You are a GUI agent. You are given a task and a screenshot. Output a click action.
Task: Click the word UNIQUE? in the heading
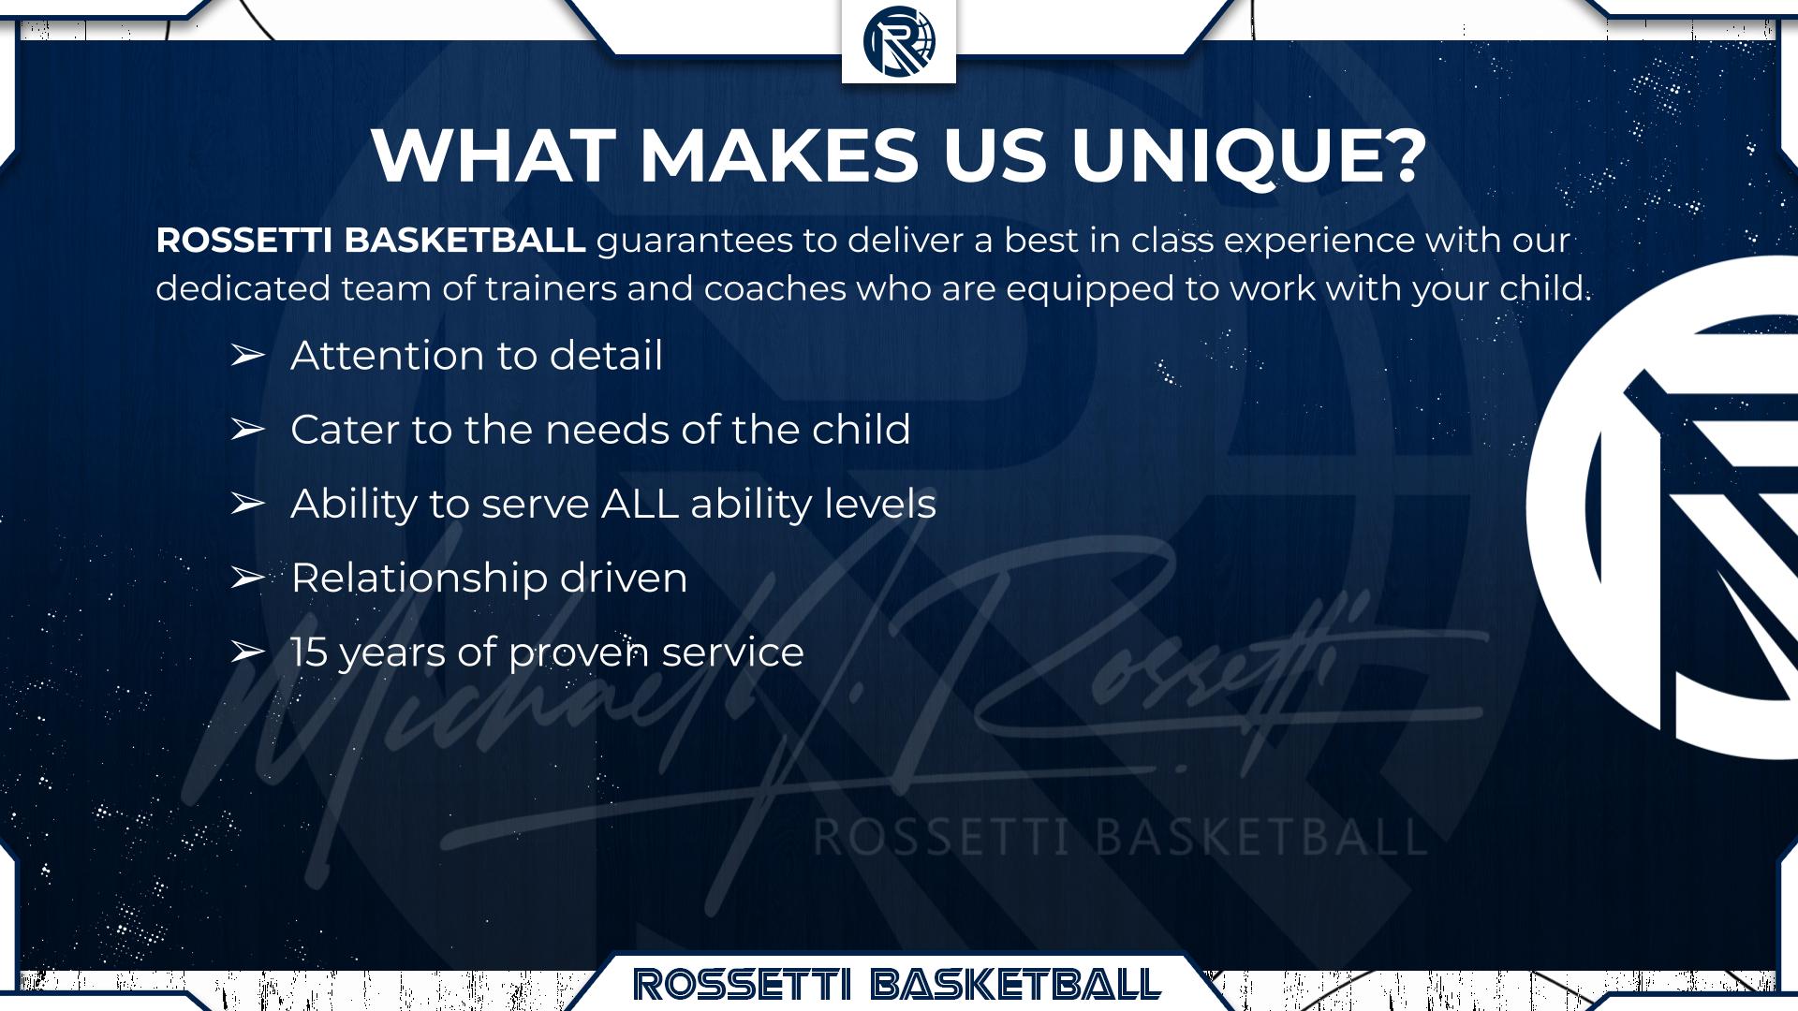coord(1249,154)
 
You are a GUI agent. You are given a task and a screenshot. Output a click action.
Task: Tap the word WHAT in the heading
coord(494,154)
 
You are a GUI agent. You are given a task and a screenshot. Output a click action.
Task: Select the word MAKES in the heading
coord(779,154)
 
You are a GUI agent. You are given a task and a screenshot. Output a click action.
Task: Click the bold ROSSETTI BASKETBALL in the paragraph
coord(371,241)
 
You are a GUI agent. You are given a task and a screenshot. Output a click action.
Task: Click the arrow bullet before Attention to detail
coord(247,356)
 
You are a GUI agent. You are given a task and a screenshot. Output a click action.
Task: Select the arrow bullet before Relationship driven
coord(247,579)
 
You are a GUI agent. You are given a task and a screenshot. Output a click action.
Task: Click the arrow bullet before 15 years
coord(247,652)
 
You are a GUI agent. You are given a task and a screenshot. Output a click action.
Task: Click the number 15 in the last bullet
coord(309,652)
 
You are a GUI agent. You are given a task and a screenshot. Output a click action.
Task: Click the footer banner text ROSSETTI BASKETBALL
coord(897,984)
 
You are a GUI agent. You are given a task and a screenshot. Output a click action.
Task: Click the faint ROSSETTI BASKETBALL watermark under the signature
coord(1120,836)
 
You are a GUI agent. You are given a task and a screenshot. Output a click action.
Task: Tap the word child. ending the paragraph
coord(1545,287)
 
